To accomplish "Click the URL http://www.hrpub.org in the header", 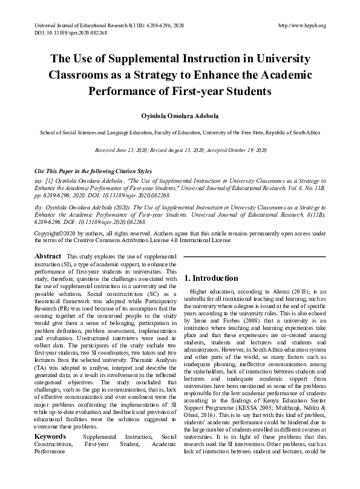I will click(x=301, y=25).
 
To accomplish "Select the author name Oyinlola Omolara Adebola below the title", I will click(x=180, y=116).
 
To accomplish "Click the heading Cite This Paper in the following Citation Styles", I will click(x=93, y=171).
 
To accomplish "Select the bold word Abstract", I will click(x=48, y=256).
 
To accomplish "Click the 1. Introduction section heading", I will click(x=211, y=278).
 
